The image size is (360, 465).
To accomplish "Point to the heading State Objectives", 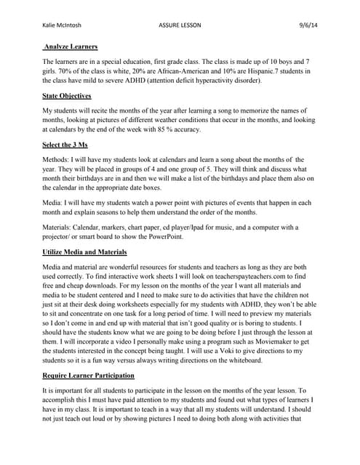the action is pos(68,95).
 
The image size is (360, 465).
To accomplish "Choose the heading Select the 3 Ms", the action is pos(66,145).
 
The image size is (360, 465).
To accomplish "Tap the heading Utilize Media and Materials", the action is pos(85,251).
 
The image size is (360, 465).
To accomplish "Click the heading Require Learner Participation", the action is pos(89,375).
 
